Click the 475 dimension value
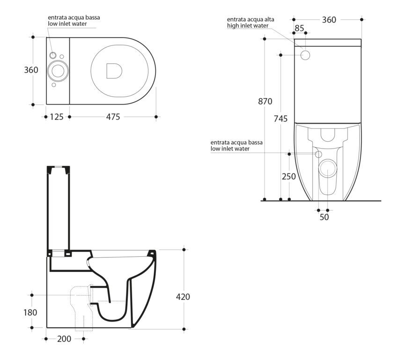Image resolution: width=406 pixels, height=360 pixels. [x=113, y=117]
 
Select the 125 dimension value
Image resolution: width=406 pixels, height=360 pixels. [x=57, y=117]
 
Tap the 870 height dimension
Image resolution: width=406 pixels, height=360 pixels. [x=265, y=101]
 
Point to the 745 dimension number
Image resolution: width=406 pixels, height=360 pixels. [x=281, y=119]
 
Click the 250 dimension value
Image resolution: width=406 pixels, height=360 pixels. [x=289, y=177]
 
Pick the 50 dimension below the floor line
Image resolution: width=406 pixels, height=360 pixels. [x=324, y=217]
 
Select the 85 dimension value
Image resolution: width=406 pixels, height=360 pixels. [x=299, y=28]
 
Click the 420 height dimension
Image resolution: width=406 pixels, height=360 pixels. [x=183, y=297]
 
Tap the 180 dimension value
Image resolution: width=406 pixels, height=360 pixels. [x=30, y=313]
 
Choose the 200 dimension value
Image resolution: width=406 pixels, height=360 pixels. [x=64, y=339]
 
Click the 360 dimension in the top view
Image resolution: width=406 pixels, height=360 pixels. [x=31, y=70]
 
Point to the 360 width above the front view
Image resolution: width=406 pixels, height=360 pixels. [x=329, y=20]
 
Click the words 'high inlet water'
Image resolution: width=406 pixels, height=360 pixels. [x=248, y=26]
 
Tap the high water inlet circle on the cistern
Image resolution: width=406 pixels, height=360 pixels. [x=305, y=55]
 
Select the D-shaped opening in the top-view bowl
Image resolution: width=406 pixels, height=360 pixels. [x=114, y=71]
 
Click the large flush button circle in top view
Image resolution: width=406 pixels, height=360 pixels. [x=58, y=71]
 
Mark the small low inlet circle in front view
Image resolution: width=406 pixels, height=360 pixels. [x=318, y=155]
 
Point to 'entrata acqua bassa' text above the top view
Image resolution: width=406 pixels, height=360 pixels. [x=74, y=18]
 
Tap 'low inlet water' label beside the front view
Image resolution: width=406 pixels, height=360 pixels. [x=230, y=149]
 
